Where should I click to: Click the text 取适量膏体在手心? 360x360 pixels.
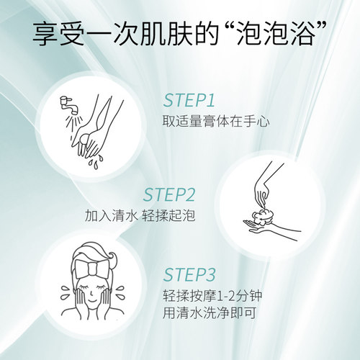pos(210,120)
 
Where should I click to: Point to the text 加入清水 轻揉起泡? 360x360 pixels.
pos(140,215)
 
